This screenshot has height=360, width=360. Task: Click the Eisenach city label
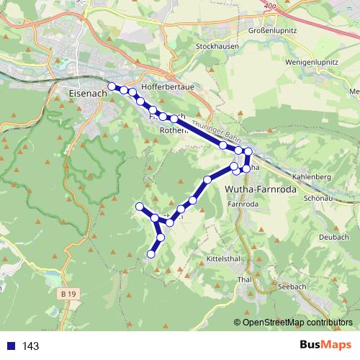click(x=86, y=93)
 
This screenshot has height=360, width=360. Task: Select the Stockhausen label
click(x=217, y=46)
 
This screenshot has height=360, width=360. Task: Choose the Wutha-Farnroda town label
click(x=258, y=189)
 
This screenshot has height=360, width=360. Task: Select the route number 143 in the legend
click(x=30, y=346)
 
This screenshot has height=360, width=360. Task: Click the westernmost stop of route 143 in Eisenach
click(x=112, y=86)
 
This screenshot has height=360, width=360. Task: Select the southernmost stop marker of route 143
click(x=151, y=253)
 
